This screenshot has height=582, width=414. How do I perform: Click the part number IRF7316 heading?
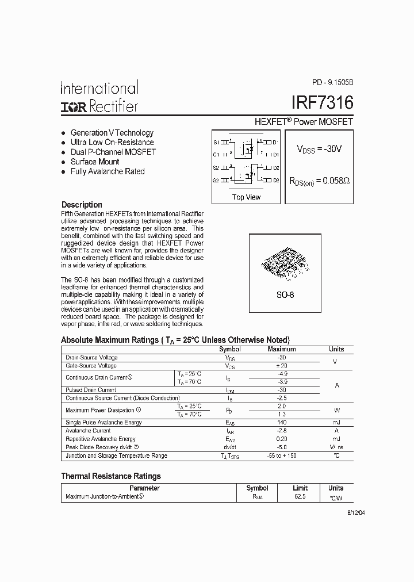(322, 104)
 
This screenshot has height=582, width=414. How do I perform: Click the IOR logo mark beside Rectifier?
(72, 106)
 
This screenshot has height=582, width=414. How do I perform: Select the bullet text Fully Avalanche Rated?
(107, 171)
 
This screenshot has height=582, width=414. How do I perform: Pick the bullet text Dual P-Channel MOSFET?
(113, 152)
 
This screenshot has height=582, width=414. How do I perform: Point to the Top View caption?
(246, 197)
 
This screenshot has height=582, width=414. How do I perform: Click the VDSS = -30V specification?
(319, 149)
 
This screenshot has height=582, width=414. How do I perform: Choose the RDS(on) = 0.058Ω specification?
(319, 180)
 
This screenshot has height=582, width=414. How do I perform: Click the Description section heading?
(82, 205)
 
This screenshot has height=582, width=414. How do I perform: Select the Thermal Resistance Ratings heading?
(111, 476)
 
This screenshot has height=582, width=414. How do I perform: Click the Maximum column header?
(282, 349)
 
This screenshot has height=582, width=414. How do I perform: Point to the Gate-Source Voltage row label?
(91, 366)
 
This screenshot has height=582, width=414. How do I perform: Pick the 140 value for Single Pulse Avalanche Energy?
(282, 423)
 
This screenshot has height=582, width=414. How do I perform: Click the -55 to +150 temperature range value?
(282, 455)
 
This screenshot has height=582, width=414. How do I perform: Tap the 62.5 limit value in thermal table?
(300, 496)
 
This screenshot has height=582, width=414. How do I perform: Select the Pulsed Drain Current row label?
(91, 390)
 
